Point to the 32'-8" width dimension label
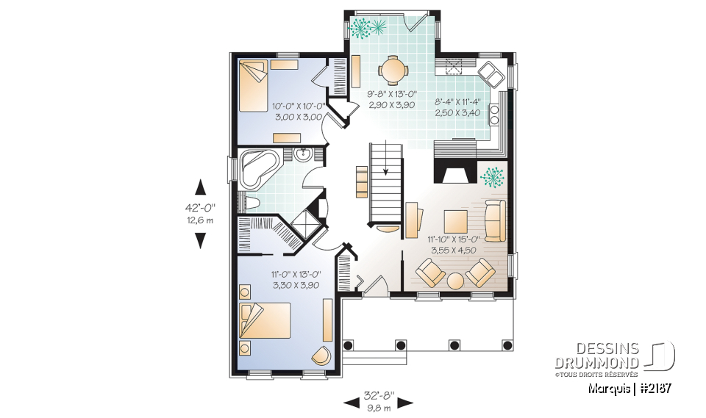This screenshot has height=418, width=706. point(378,394)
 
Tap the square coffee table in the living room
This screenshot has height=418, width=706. point(455,220)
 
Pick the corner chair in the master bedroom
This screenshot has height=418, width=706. point(321,355)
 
